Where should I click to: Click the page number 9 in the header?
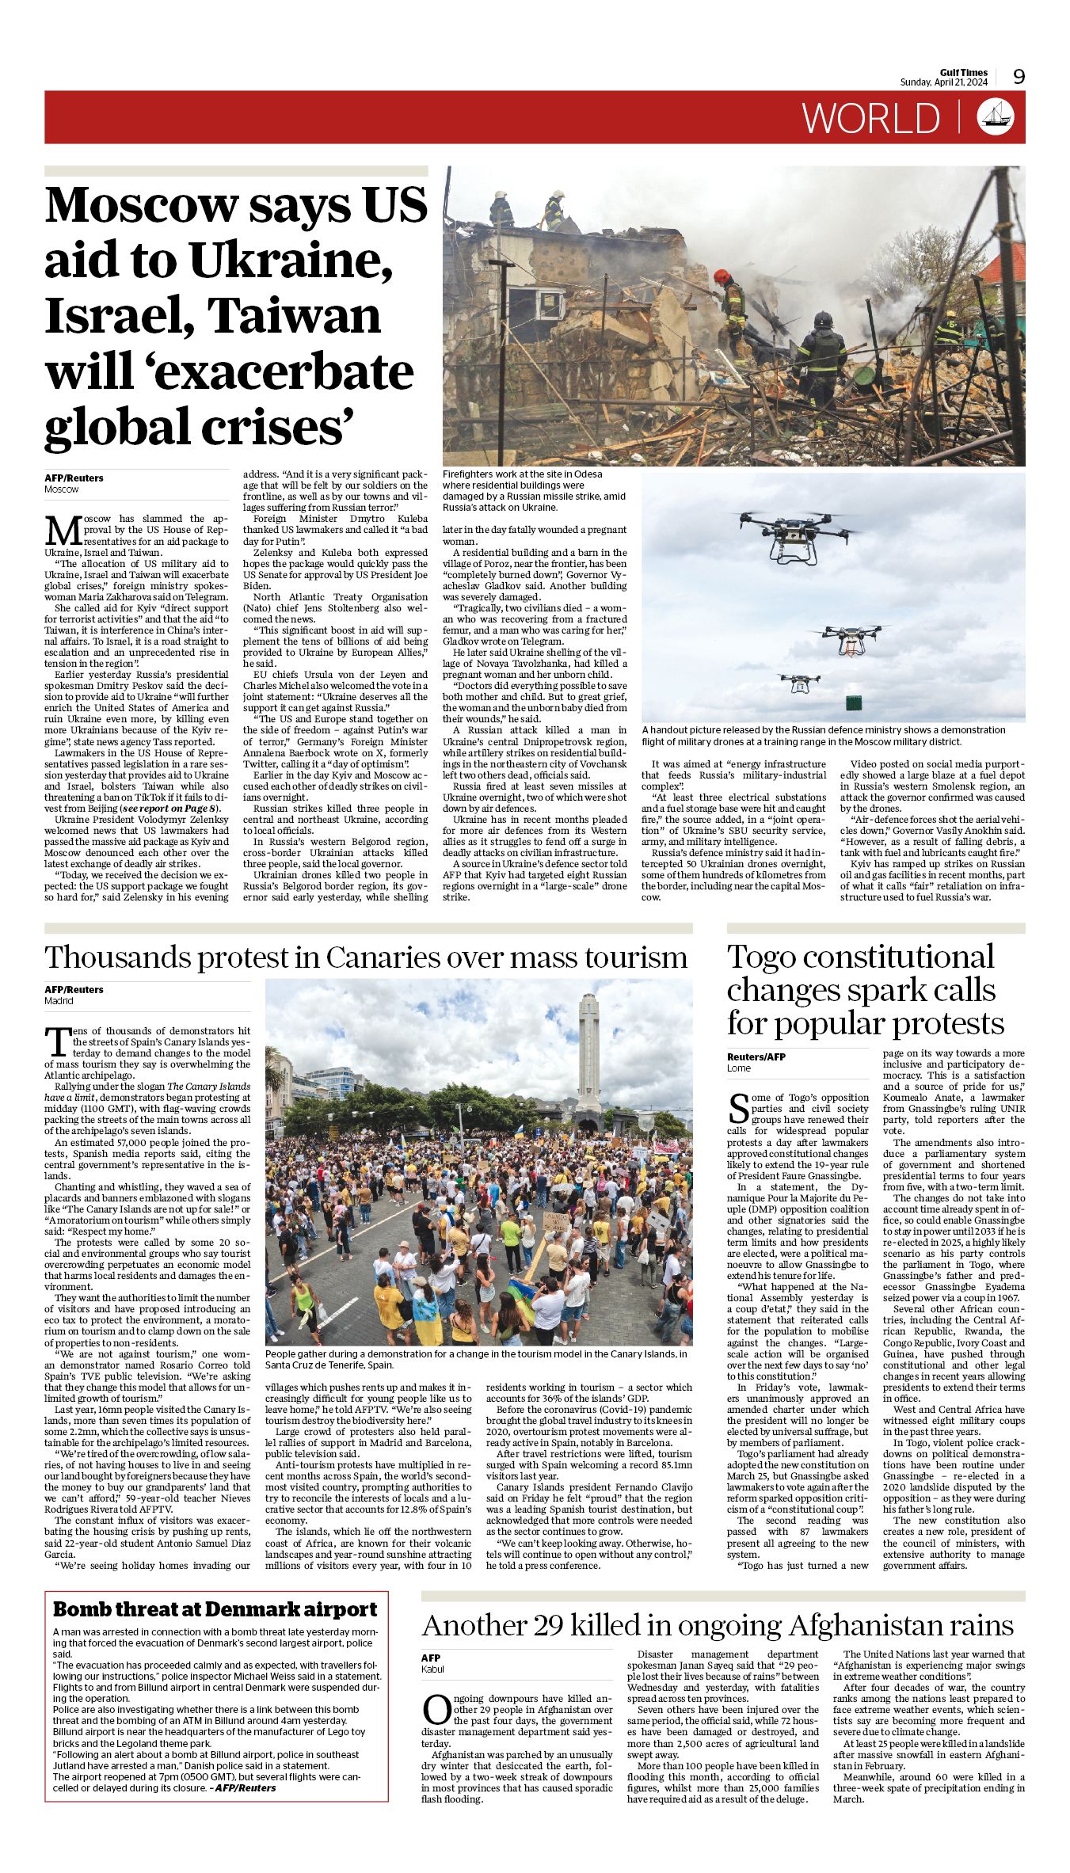pyautogui.click(x=1019, y=76)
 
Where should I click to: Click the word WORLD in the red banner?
pyautogui.click(x=870, y=118)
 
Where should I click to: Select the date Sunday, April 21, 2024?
pyautogui.click(x=943, y=82)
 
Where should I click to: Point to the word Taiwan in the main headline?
pyautogui.click(x=294, y=315)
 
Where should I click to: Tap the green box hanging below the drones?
pyautogui.click(x=853, y=702)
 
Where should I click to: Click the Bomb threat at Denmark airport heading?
pyautogui.click(x=215, y=1609)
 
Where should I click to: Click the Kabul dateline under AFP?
pyautogui.click(x=432, y=1669)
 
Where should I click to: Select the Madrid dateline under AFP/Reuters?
pyautogui.click(x=59, y=1001)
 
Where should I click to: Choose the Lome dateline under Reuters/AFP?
pyautogui.click(x=738, y=1068)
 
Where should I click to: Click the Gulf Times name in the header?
pyautogui.click(x=964, y=73)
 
